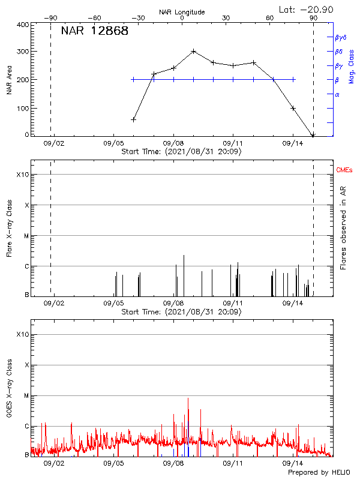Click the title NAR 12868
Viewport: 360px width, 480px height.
[x=94, y=31]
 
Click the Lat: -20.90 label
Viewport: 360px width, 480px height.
[x=307, y=9]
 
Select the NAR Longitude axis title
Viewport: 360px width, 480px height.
[x=182, y=11]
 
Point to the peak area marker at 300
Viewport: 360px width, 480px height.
[x=193, y=51]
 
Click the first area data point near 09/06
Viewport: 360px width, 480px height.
[x=133, y=119]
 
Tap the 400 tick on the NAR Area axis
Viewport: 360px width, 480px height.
[x=22, y=25]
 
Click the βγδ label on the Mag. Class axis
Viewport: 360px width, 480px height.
[x=340, y=37]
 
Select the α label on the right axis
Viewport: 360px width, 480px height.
[x=337, y=94]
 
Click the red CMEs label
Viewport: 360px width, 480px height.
[x=344, y=170]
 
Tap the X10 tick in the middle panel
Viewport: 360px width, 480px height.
[x=22, y=175]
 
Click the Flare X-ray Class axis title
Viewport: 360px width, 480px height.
[x=9, y=227]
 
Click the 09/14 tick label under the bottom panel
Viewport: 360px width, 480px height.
[x=292, y=463]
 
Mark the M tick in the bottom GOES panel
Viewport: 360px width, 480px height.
[x=25, y=395]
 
